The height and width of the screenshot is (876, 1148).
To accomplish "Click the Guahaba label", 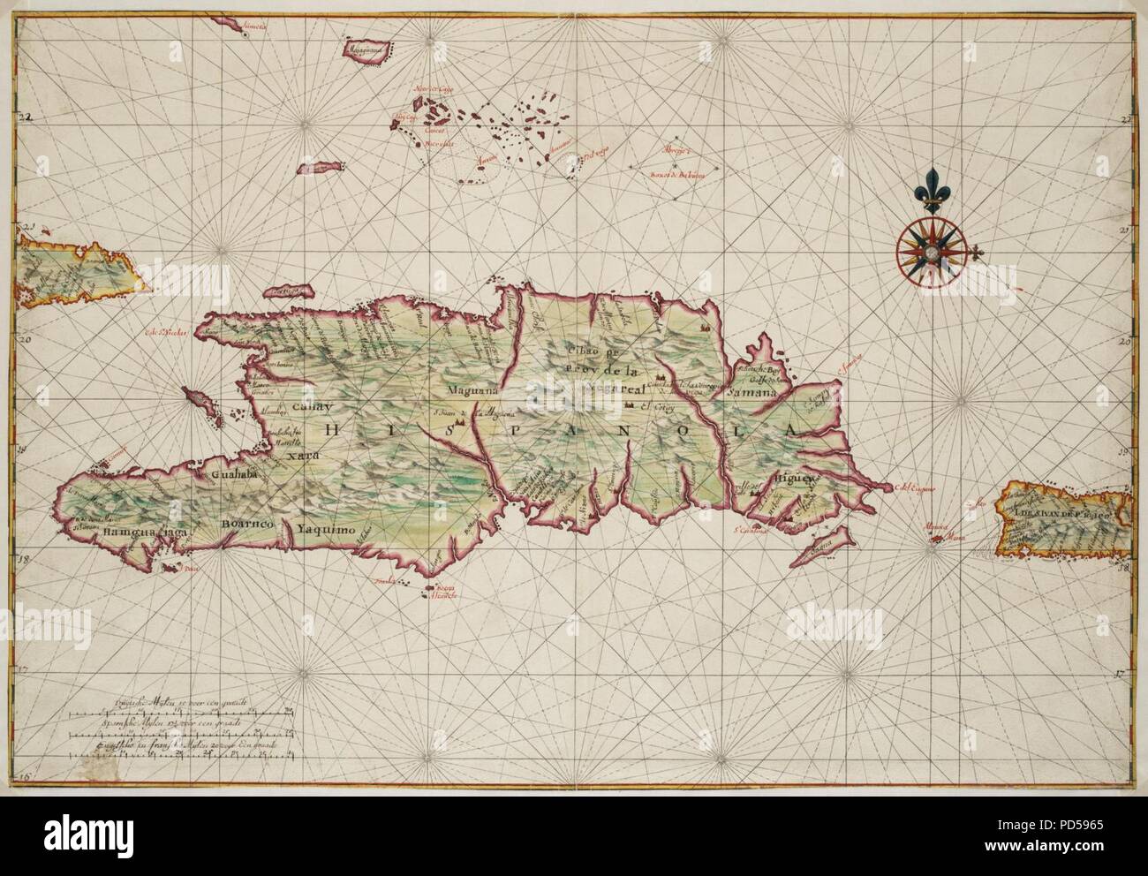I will click(234, 474).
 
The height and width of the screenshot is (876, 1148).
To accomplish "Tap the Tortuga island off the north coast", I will click(293, 292).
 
